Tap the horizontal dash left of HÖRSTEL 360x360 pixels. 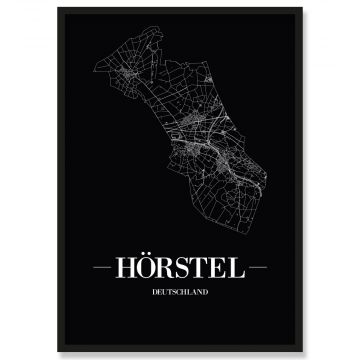[x=105, y=269]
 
